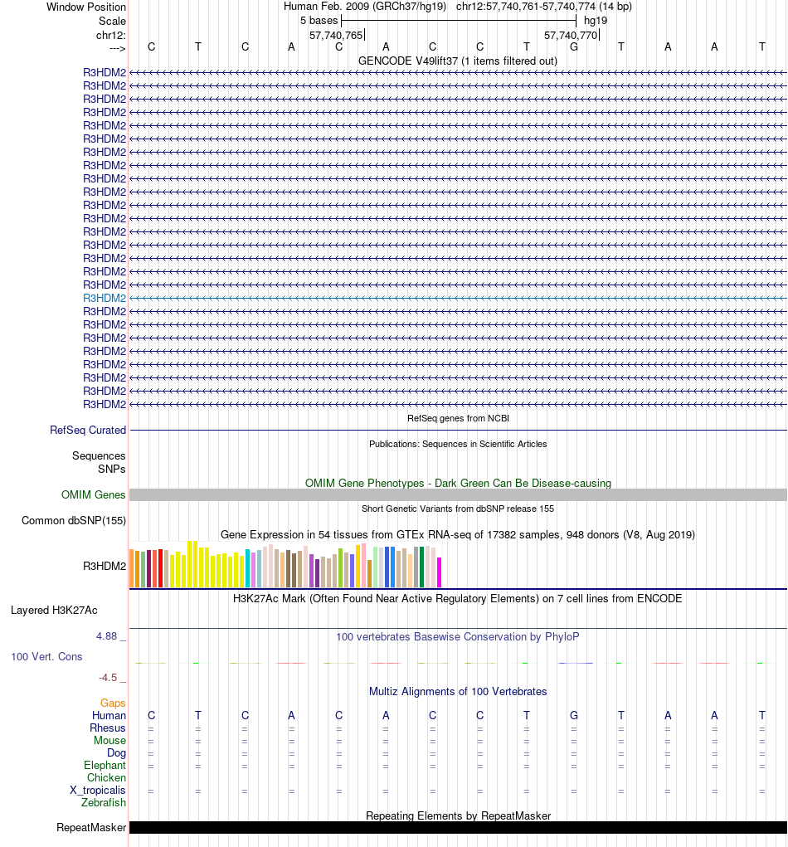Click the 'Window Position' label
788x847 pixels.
click(x=86, y=7)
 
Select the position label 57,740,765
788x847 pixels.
click(x=336, y=36)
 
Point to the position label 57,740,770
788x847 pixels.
click(x=571, y=36)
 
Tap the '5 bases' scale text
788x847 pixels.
click(x=319, y=20)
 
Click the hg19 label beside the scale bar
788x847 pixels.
click(x=596, y=20)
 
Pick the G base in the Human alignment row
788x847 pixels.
click(x=574, y=715)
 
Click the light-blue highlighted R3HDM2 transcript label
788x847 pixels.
click(x=105, y=298)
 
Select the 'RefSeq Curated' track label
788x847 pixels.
click(x=88, y=431)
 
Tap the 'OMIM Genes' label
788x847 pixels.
click(x=94, y=495)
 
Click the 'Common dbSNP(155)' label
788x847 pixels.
click(x=74, y=521)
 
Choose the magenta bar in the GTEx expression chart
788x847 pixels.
click(x=440, y=572)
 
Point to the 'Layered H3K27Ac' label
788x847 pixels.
click(x=54, y=611)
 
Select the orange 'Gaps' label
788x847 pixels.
click(x=113, y=703)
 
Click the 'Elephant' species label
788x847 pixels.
click(x=105, y=766)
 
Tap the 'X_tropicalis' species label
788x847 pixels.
click(x=98, y=791)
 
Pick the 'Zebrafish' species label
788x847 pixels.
click(x=104, y=803)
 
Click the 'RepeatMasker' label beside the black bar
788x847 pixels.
click(x=91, y=828)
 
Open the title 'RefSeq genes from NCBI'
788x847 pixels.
click(x=458, y=418)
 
